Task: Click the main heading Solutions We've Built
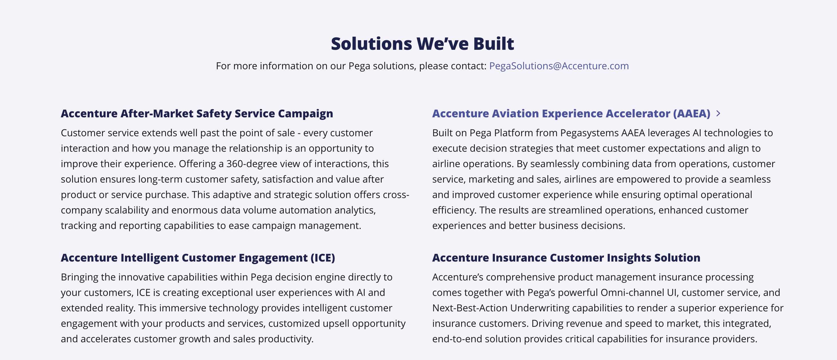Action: (x=423, y=43)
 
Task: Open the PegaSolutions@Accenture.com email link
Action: (x=559, y=66)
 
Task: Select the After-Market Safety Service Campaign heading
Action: (x=197, y=114)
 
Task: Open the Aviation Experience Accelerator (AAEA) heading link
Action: (x=571, y=114)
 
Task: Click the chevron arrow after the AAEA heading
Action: (x=718, y=113)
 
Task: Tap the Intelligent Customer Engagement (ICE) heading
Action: (x=198, y=258)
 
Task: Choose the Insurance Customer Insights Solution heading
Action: (x=566, y=258)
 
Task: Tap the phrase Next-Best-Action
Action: (x=470, y=308)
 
